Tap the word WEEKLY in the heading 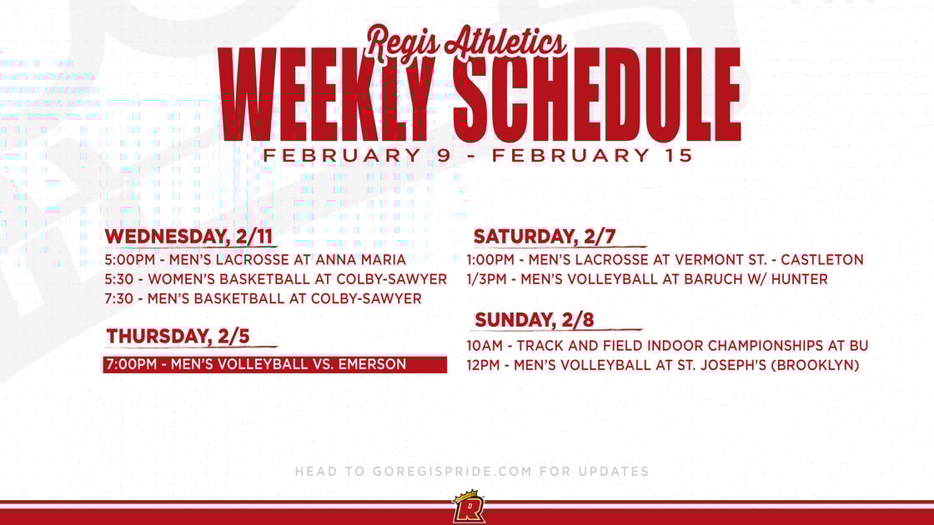329,95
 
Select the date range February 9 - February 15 477,155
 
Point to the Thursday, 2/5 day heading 178,337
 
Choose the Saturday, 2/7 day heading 545,237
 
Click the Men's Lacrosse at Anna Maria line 255,260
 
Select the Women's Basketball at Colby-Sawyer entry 276,279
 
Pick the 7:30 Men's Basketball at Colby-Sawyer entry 264,298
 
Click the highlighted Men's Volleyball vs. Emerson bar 274,364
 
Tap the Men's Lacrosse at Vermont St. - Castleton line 665,260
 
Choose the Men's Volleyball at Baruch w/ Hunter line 647,279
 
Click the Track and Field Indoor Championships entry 667,345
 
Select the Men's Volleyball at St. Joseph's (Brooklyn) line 663,365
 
